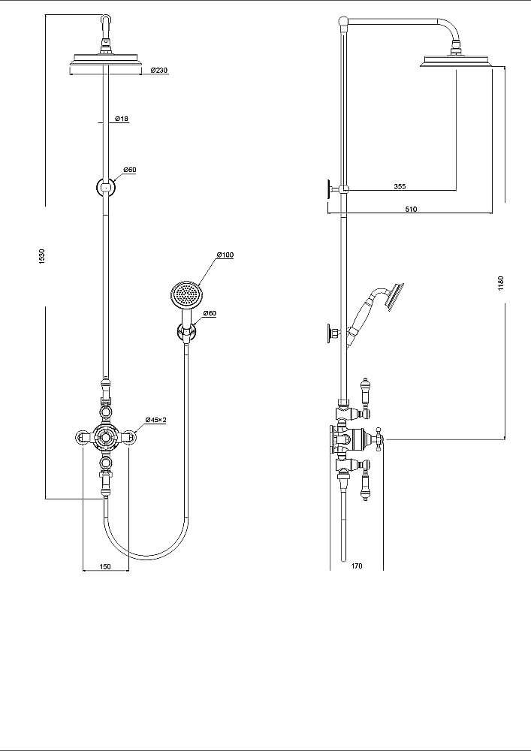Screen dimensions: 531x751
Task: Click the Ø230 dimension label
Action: pos(159,71)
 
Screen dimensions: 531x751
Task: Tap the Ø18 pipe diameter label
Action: pos(122,119)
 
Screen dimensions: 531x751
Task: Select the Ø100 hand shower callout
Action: pos(225,255)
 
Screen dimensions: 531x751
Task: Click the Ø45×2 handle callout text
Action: pos(156,420)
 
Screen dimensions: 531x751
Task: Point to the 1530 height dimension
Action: pos(42,256)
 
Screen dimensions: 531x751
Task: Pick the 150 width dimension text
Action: pos(105,566)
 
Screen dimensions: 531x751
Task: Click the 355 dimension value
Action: pos(400,186)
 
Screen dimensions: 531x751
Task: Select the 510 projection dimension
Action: pos(412,209)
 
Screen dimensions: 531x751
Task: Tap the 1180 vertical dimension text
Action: pos(501,283)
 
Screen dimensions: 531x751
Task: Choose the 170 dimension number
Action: pos(357,566)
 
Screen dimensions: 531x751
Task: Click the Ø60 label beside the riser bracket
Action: pos(130,170)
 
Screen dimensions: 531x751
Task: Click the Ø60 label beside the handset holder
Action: pos(210,313)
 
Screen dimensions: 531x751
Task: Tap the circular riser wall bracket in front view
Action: pos(106,187)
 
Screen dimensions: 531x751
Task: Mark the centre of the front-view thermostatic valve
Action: pos(105,436)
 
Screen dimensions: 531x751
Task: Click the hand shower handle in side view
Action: pos(361,317)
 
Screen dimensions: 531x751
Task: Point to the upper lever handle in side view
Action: pos(365,390)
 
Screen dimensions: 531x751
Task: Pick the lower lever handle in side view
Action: pos(365,484)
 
